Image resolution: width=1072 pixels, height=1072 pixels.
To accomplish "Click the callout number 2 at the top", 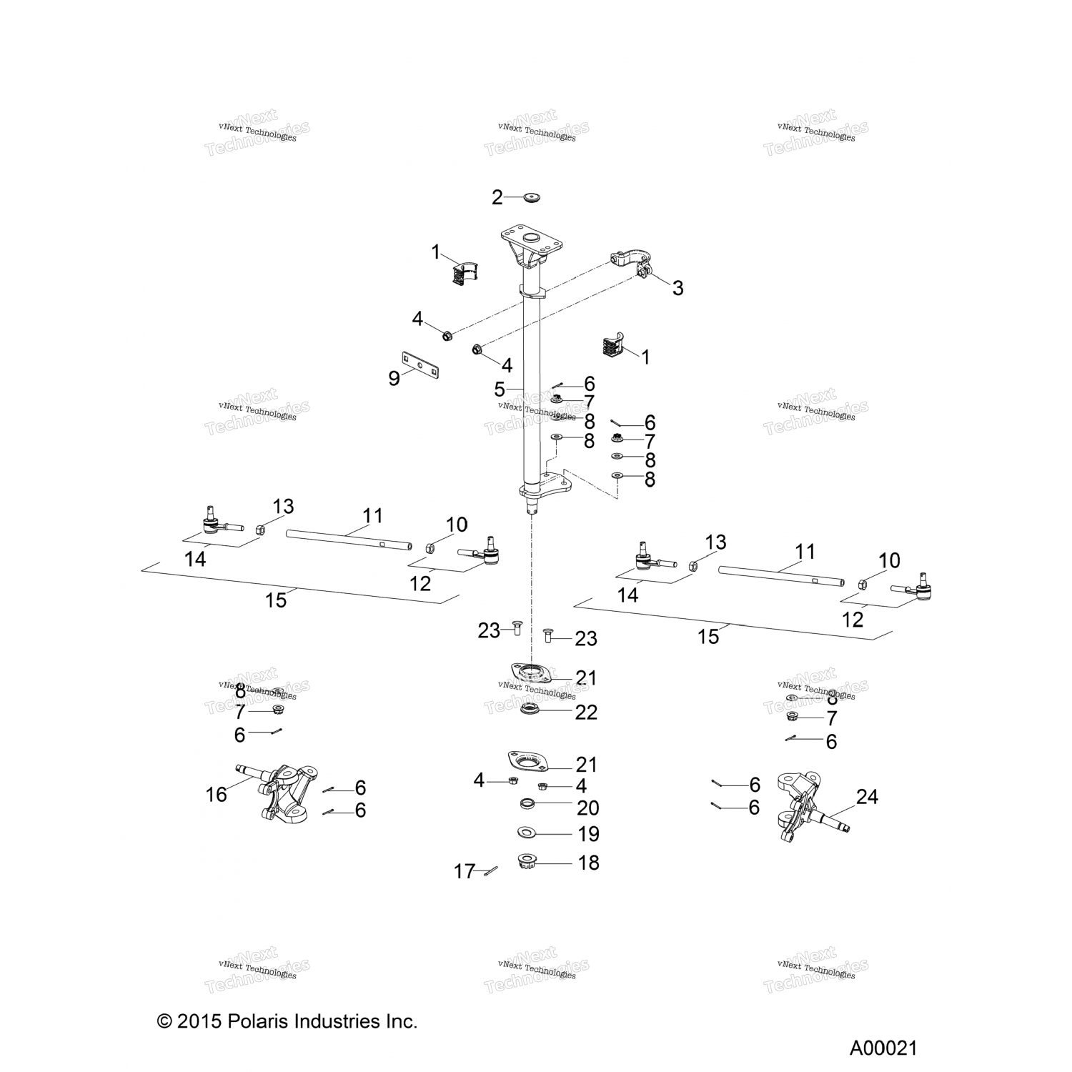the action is (497, 197).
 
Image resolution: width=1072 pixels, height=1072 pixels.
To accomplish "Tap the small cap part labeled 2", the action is (530, 195).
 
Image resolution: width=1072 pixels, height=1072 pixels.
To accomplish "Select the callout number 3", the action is (678, 288).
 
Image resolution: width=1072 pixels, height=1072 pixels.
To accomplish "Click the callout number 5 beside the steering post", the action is (500, 389).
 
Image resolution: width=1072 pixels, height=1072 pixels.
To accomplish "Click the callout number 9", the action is (394, 378).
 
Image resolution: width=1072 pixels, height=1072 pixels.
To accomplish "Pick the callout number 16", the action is (217, 794).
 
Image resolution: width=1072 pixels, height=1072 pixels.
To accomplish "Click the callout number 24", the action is (867, 796).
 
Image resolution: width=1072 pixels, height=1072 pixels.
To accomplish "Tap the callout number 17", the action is (465, 871).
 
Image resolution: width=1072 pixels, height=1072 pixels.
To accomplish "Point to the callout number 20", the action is (587, 808).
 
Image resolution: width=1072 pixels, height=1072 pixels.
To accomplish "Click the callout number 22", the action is (586, 713).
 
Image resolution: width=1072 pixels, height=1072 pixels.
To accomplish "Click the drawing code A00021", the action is (883, 1048).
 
